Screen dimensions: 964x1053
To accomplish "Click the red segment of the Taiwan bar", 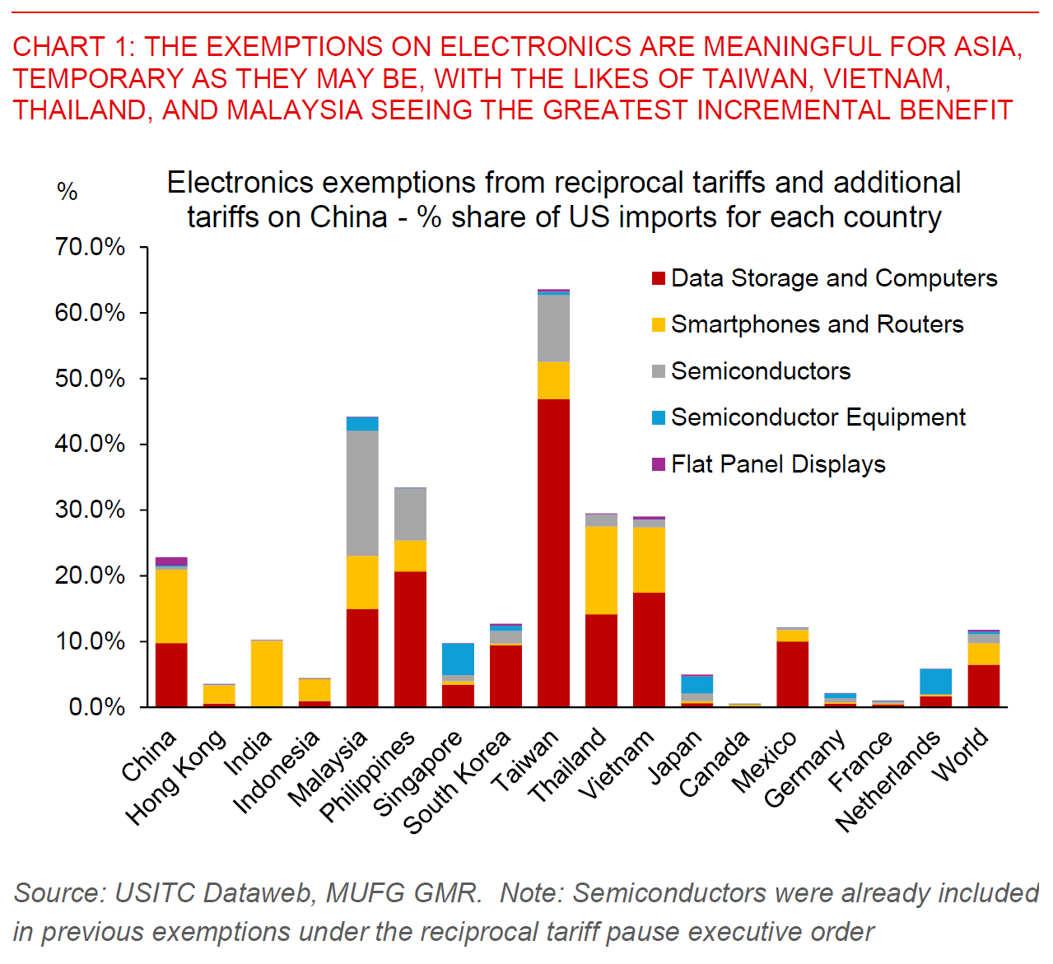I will tap(553, 552).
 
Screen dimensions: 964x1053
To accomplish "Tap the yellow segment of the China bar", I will tap(171, 605).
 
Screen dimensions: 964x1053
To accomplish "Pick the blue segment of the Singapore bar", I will tap(458, 659).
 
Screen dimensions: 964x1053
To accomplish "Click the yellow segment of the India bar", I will tap(267, 673).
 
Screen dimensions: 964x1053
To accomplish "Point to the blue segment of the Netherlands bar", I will tap(935, 682).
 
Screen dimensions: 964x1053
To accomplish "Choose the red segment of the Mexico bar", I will tap(792, 673).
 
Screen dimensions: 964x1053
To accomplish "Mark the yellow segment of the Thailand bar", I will tap(601, 570).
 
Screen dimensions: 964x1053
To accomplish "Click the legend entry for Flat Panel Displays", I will tap(778, 464).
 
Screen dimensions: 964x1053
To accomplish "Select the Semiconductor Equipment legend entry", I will tap(818, 417).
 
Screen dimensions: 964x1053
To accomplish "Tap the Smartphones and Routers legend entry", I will tap(817, 324).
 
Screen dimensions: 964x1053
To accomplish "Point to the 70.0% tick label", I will tap(91, 247).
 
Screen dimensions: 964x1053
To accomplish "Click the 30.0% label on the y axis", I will tap(91, 510).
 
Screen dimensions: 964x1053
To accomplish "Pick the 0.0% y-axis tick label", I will tap(96, 707).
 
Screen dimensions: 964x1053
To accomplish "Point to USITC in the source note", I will tap(152, 892).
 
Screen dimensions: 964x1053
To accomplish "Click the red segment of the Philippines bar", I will tap(410, 638).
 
